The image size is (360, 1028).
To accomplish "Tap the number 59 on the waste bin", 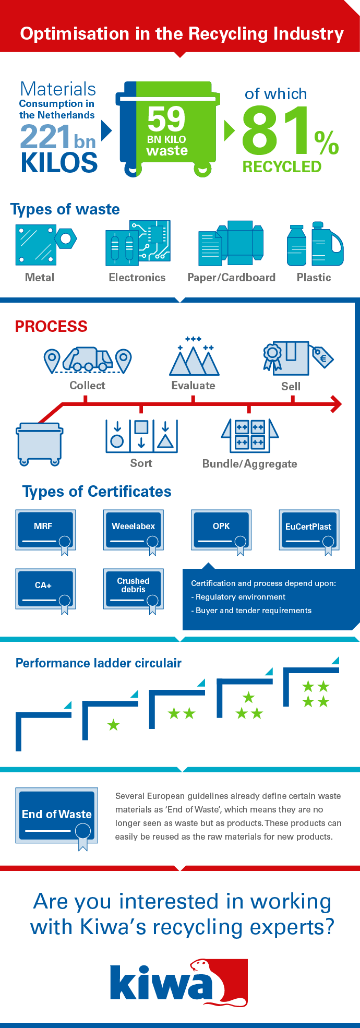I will tap(166, 119).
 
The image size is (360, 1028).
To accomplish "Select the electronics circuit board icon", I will tap(138, 242).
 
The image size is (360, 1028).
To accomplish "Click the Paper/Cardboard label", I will tap(231, 278).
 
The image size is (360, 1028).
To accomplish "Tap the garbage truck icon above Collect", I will tap(88, 359).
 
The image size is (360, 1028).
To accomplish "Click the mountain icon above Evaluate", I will tap(194, 360).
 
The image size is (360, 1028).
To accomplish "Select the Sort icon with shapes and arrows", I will tap(141, 436).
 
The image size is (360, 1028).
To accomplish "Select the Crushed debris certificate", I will tap(134, 589).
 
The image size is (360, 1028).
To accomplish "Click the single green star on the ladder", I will tap(113, 725).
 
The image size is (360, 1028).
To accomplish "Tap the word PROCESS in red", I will tap(51, 327).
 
